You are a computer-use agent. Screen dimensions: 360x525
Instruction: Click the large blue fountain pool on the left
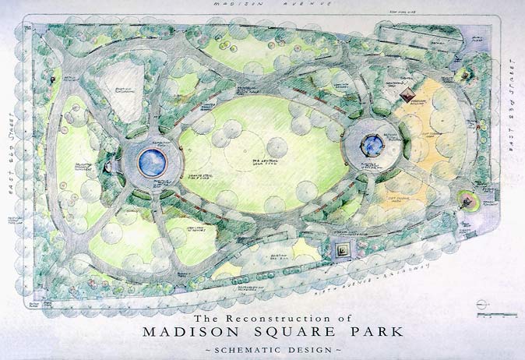(153, 162)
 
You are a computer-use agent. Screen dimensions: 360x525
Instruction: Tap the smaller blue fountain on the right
(372, 143)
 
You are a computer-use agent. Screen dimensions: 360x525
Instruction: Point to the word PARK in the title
(373, 331)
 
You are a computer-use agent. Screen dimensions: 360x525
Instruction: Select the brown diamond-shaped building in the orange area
(406, 94)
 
